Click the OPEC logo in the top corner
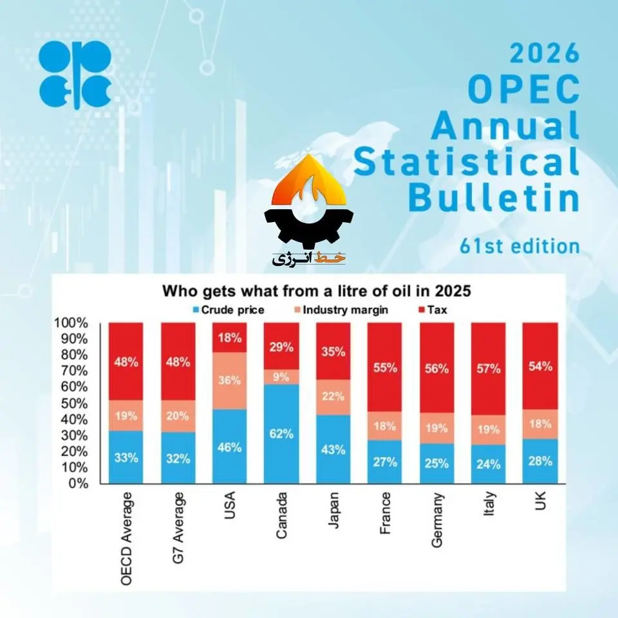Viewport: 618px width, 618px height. click(75, 74)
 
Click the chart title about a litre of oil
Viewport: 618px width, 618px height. click(315, 291)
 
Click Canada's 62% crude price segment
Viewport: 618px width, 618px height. click(281, 434)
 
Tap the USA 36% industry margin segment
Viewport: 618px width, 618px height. click(229, 380)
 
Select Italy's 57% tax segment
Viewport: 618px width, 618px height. click(488, 369)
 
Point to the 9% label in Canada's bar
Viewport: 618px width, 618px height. click(281, 377)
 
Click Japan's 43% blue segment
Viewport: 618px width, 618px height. click(333, 449)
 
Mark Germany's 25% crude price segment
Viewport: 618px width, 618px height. click(436, 464)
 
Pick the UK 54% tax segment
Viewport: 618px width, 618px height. click(539, 366)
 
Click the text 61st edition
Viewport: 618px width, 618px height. click(520, 246)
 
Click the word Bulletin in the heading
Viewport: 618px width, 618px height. click(494, 198)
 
